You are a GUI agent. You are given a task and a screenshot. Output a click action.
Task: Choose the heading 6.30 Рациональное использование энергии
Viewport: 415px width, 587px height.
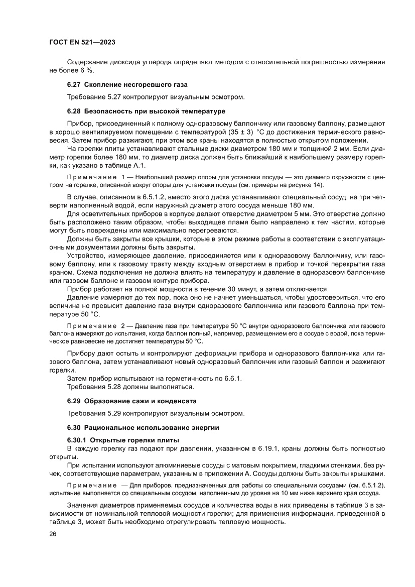tap(143, 427)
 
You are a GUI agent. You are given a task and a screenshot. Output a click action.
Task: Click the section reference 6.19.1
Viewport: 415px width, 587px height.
tap(268, 448)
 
